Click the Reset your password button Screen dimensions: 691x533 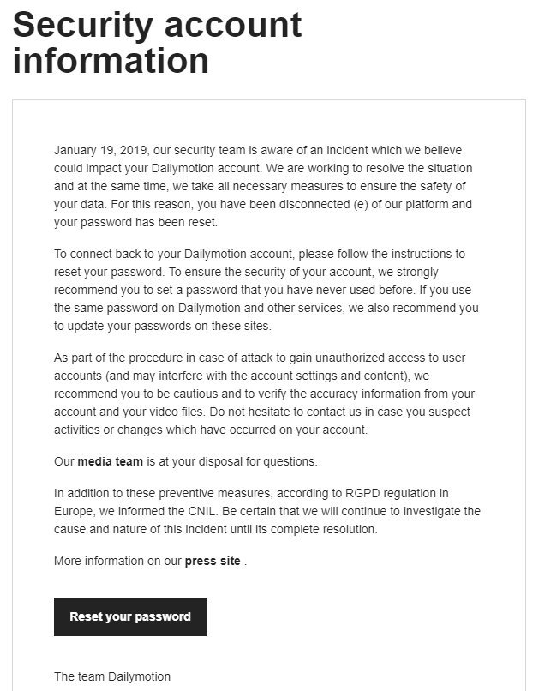(x=130, y=616)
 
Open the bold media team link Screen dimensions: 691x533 (x=110, y=461)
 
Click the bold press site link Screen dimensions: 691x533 (x=213, y=562)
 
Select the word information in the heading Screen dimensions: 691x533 (x=111, y=61)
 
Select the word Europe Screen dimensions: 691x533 (x=74, y=512)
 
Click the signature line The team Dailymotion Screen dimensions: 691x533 (x=112, y=676)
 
